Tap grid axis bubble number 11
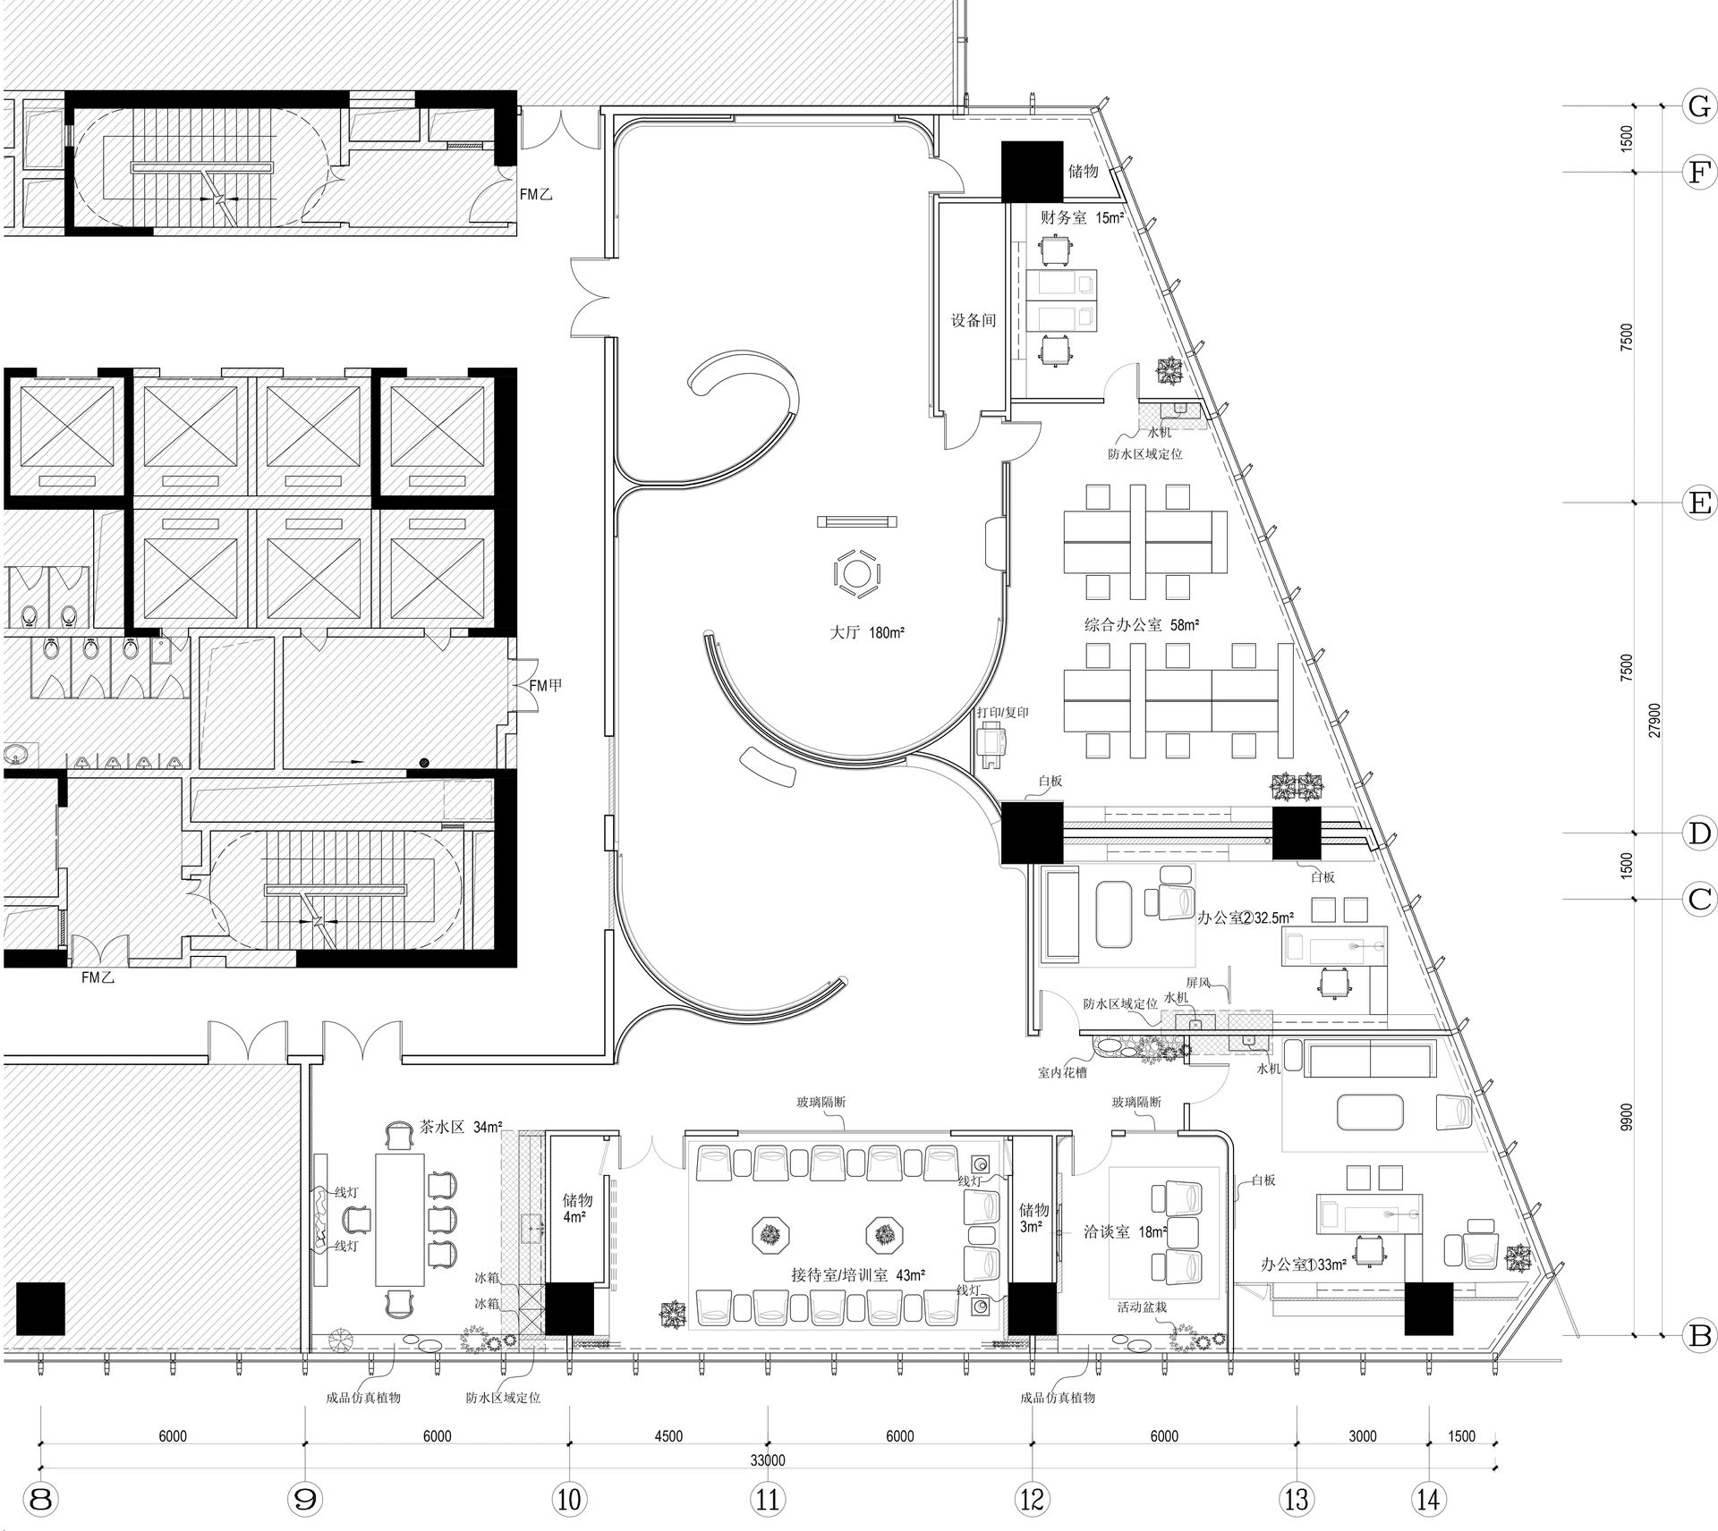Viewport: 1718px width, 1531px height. coord(767,1498)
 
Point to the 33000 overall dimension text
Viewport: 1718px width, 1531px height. coord(767,1460)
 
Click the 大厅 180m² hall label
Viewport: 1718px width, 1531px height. coord(867,632)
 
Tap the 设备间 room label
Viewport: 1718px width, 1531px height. coord(974,320)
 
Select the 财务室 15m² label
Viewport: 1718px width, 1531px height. coord(1082,217)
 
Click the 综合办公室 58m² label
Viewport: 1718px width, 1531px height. coord(1142,625)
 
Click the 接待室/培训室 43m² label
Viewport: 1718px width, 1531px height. coord(858,1275)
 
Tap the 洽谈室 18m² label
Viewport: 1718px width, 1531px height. coord(1125,1232)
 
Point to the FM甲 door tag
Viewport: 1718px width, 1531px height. coord(546,686)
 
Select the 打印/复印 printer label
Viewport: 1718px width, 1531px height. coord(1002,713)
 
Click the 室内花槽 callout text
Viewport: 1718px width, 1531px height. coord(1062,1072)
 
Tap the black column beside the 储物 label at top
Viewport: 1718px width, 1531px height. coord(1032,171)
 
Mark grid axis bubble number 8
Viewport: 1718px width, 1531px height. coord(40,1498)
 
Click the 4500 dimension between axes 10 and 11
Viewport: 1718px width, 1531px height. coord(668,1436)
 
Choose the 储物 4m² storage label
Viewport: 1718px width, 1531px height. coord(577,1207)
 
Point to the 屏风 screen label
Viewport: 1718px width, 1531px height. coord(1198,983)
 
